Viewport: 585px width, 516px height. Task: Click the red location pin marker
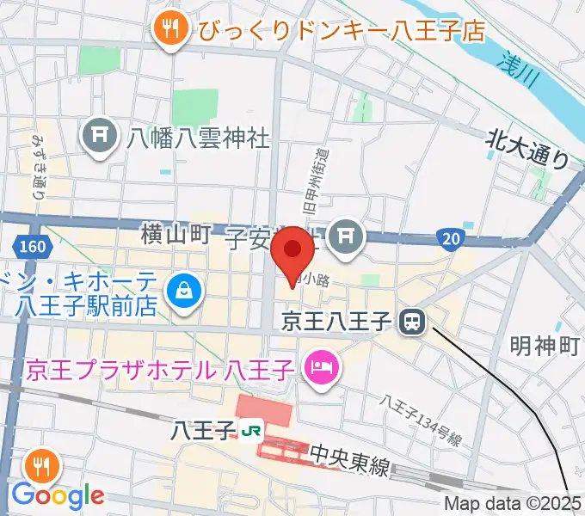click(292, 250)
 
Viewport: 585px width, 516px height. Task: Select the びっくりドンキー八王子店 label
click(342, 31)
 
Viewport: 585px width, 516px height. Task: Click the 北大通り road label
click(527, 147)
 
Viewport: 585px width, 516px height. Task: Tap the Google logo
click(58, 495)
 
